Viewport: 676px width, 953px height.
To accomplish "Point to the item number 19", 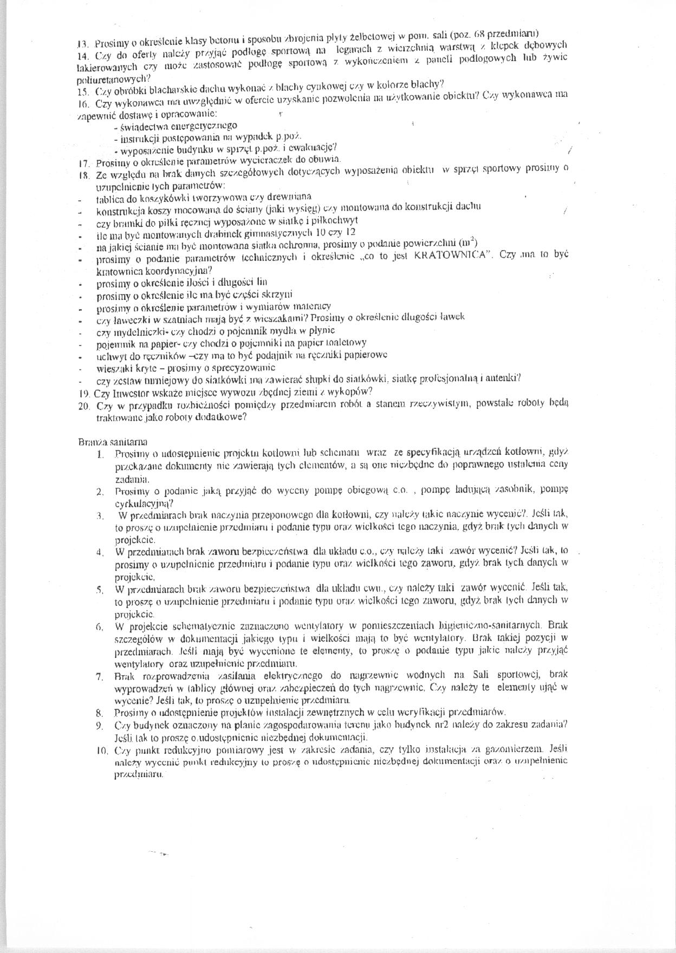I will pyautogui.click(x=84, y=392).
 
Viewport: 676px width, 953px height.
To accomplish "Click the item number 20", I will pyautogui.click(x=85, y=406).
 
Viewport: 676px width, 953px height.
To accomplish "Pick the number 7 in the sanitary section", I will pyautogui.click(x=100, y=676).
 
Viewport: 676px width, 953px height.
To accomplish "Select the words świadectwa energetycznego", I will pyautogui.click(x=179, y=126).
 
